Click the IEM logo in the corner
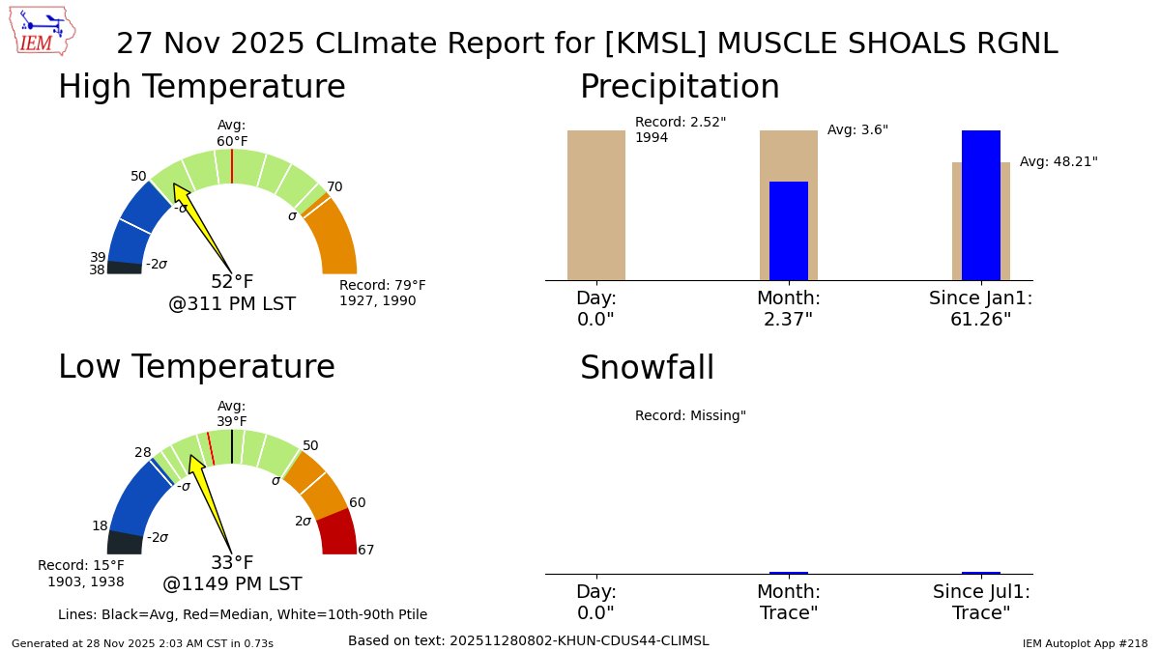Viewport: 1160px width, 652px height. (44, 30)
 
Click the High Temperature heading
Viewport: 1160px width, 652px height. (201, 87)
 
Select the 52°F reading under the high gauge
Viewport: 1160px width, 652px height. (232, 282)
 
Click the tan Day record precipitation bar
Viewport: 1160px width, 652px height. (595, 205)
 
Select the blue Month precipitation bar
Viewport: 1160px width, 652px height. (788, 231)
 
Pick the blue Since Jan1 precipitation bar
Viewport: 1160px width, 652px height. (980, 205)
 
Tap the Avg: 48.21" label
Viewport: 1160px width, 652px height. (1058, 162)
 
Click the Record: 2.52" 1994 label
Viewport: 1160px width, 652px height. (681, 129)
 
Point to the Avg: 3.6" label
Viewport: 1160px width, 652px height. (857, 130)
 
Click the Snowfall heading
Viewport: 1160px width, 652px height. (647, 368)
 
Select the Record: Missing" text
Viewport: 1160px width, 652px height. (690, 416)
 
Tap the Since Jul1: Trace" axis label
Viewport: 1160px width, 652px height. (981, 603)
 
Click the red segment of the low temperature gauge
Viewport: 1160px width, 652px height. (336, 532)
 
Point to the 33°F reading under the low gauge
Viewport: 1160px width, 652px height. (232, 563)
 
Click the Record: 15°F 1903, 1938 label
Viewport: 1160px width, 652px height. (81, 573)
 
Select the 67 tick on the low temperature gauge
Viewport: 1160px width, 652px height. (365, 551)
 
